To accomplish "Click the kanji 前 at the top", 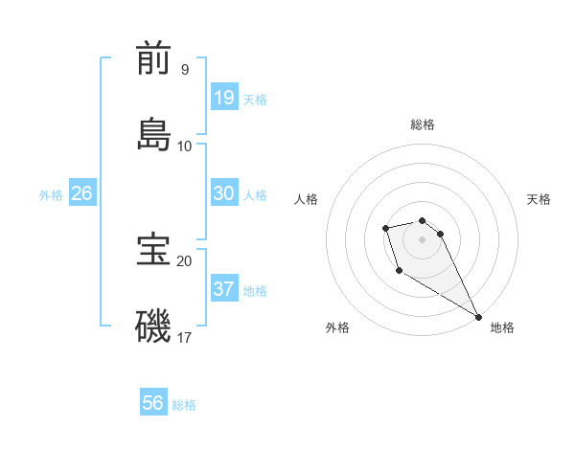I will click(x=153, y=58).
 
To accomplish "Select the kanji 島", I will click(x=153, y=133).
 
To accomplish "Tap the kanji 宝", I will click(x=153, y=250).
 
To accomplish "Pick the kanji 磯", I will click(x=153, y=326).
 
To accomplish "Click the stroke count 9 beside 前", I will click(x=184, y=70).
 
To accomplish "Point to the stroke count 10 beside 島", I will click(x=185, y=146).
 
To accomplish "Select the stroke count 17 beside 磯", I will click(x=185, y=337).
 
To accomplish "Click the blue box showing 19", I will click(x=224, y=98).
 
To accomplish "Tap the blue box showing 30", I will click(x=224, y=193).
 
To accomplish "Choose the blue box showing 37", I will click(x=224, y=289).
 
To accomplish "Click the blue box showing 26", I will click(x=81, y=193).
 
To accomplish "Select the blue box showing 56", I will click(x=153, y=404).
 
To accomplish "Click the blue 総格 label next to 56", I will click(x=184, y=405).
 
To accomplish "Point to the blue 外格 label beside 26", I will click(x=51, y=195).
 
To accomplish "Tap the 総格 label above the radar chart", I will click(x=423, y=124).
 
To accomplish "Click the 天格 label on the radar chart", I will click(x=539, y=199).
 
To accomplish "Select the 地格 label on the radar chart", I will click(x=502, y=327).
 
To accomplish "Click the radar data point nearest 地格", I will click(x=478, y=317).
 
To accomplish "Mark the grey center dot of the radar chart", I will click(x=422, y=238).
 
